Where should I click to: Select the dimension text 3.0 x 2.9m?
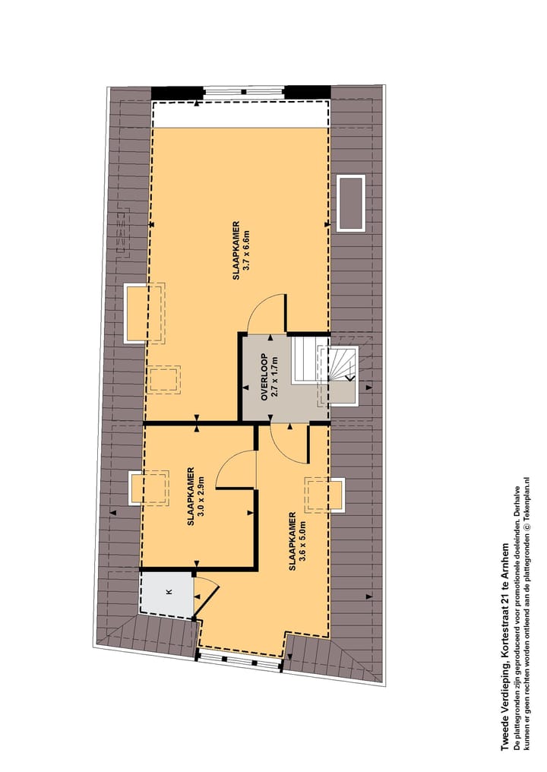[x=201, y=497]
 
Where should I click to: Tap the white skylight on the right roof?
[x=351, y=203]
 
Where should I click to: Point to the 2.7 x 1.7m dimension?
[x=276, y=377]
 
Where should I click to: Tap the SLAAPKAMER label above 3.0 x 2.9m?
[x=191, y=497]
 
